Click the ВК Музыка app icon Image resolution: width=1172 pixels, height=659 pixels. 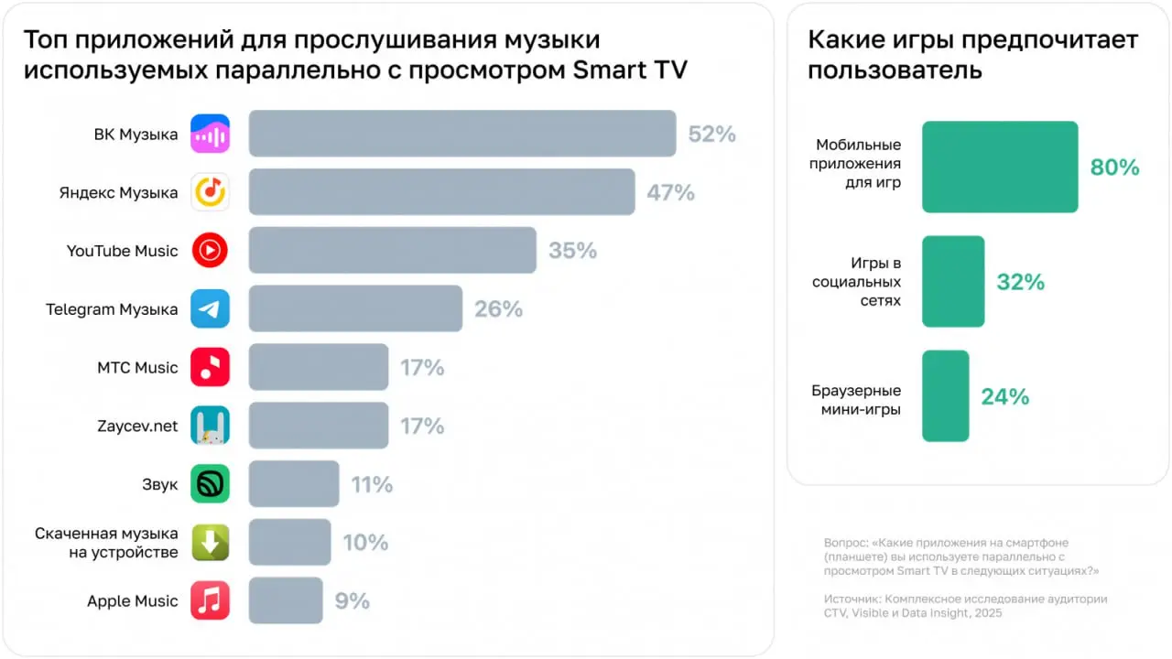[x=210, y=135]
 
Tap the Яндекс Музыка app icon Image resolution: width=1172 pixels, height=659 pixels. [x=210, y=192]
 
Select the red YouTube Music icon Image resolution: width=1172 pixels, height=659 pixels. [x=210, y=251]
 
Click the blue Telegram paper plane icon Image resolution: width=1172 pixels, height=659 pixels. [x=210, y=309]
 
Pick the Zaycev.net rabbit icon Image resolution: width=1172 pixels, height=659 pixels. [x=210, y=426]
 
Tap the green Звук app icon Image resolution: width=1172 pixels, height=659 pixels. [x=210, y=483]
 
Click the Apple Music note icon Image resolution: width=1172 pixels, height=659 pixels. [x=210, y=600]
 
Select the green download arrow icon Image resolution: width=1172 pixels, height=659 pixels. [x=210, y=542]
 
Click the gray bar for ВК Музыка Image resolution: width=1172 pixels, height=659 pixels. [x=461, y=134]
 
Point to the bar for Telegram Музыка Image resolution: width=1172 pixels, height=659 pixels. [x=355, y=308]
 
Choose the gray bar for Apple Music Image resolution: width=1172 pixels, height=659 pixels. [x=286, y=600]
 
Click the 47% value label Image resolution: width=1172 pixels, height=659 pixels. [x=670, y=192]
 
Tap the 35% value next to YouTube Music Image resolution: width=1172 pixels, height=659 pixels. [x=572, y=251]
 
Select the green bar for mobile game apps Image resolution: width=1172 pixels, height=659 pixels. [x=1000, y=167]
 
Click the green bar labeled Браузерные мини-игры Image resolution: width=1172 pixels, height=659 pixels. [x=945, y=396]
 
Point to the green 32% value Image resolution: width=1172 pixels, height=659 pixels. [x=1020, y=282]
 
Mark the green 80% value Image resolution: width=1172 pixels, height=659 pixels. [x=1114, y=167]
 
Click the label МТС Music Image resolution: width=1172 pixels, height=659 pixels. [x=137, y=368]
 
